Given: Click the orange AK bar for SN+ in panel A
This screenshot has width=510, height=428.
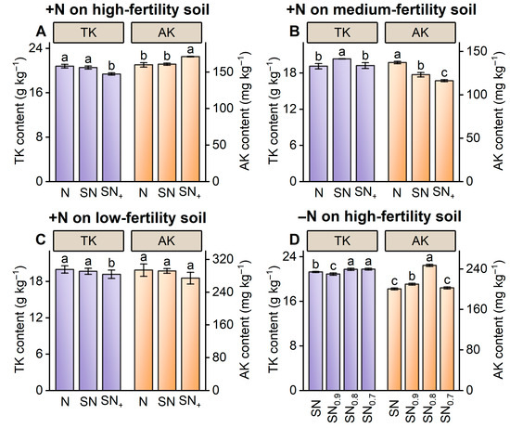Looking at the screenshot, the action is pos(190,119).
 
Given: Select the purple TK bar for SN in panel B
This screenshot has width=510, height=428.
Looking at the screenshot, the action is pos(342,120).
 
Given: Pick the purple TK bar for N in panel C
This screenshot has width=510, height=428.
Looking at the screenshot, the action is pos(65,330).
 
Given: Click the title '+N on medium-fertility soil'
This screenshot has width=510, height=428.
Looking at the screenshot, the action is pos(381,9).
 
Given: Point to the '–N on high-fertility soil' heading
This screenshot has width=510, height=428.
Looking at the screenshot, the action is pos(379,216).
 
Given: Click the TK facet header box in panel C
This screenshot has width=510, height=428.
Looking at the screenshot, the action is pos(88,241).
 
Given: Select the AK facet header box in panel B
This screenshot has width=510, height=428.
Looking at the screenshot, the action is pos(420,32).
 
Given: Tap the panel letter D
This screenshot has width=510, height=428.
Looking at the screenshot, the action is pos(294,240).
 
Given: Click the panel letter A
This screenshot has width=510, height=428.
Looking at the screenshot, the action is pos(41,32).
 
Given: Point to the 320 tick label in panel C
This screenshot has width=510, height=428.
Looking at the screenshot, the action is pos(223,259).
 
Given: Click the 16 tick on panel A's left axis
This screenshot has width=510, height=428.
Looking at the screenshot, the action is pos(38,93).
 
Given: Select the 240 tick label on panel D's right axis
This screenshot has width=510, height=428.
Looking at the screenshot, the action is pos(477,268).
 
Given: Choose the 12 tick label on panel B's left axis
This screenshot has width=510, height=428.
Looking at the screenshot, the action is pos(292,110).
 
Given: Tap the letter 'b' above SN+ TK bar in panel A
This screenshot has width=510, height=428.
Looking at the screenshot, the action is pos(111,67).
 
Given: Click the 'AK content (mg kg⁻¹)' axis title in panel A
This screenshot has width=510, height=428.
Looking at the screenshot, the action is pos(244,112).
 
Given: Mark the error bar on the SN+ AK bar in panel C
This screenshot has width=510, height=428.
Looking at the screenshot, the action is pos(190,279).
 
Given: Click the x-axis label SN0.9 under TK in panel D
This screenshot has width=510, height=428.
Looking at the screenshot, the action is pos(334,409).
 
